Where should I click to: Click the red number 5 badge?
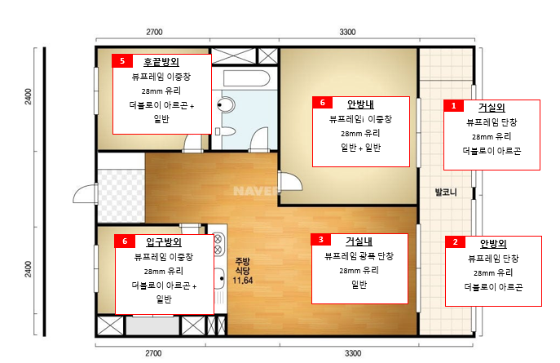point(122,61)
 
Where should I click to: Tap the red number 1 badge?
point(453,106)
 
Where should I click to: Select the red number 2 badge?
point(455,242)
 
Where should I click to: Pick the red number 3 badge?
point(320,239)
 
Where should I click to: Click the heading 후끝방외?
point(161,62)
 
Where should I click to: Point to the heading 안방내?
point(360,104)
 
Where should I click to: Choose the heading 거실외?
point(492,107)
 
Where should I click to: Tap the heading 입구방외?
point(164,242)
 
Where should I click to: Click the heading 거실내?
point(359,241)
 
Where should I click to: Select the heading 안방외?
point(493,243)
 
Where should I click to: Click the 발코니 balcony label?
point(446,193)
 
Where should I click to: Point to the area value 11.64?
point(242,281)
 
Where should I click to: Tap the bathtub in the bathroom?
point(246,78)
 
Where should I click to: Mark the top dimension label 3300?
point(347,32)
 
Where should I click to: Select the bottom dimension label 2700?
point(153,353)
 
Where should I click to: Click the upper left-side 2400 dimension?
point(29,97)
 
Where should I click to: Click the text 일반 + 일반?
point(361,147)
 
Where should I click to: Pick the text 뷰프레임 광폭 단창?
point(359,256)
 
